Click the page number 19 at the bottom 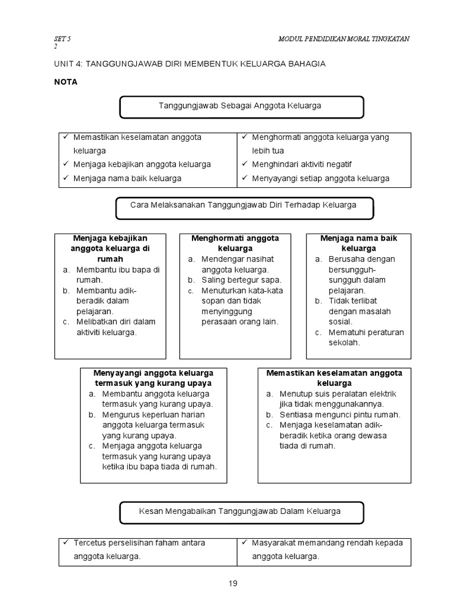233,583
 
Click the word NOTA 65,82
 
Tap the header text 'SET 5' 62,39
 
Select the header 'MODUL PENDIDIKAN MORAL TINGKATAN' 344,39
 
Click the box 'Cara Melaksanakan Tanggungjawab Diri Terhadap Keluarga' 243,205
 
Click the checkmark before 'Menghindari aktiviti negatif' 244,164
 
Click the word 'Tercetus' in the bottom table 88,543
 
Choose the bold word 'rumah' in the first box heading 110,259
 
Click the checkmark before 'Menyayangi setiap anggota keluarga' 244,178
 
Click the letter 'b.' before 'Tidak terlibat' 318,301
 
